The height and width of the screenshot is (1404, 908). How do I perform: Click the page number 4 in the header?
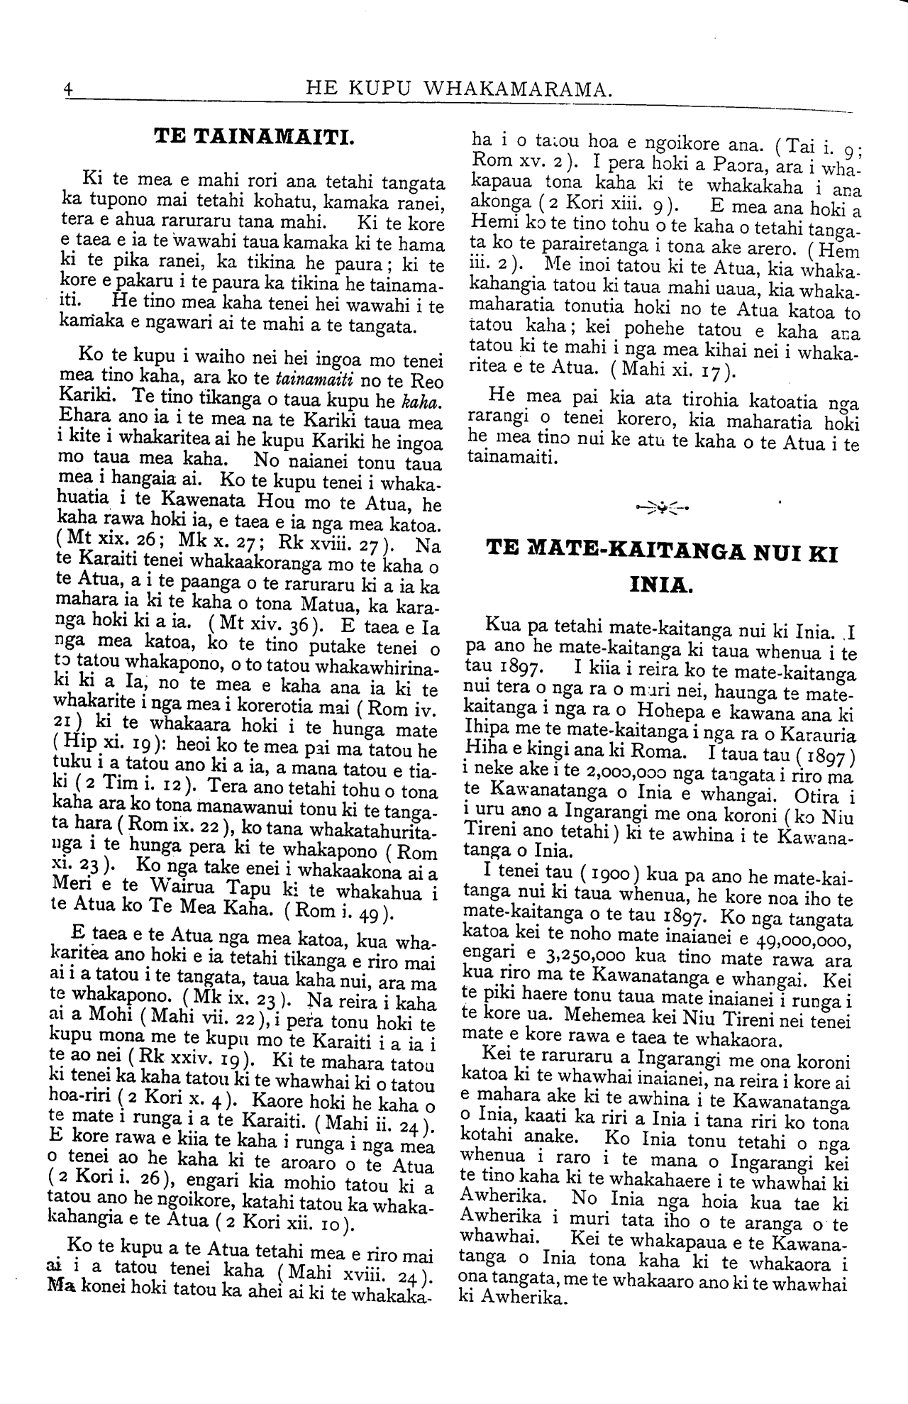pos(68,90)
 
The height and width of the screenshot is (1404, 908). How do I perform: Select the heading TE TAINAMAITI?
pos(254,135)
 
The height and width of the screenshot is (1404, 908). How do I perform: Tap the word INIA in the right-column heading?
pos(659,585)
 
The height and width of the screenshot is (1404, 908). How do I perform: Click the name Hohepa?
pos(666,713)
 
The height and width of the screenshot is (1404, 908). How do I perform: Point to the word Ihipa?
pos(488,731)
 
